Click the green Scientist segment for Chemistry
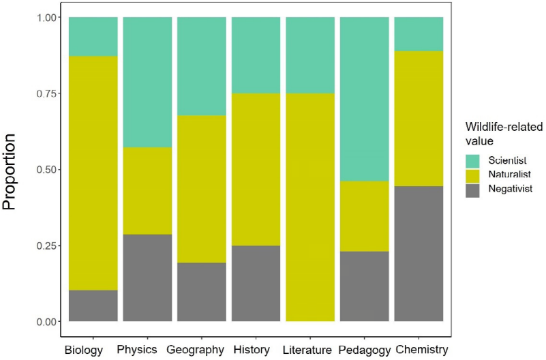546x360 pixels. coord(419,34)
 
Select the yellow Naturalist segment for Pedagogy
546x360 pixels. coord(365,216)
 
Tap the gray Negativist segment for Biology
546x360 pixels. coord(93,305)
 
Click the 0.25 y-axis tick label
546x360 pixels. coord(48,245)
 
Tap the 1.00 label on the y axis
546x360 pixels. coord(48,18)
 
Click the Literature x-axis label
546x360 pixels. coord(310,350)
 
